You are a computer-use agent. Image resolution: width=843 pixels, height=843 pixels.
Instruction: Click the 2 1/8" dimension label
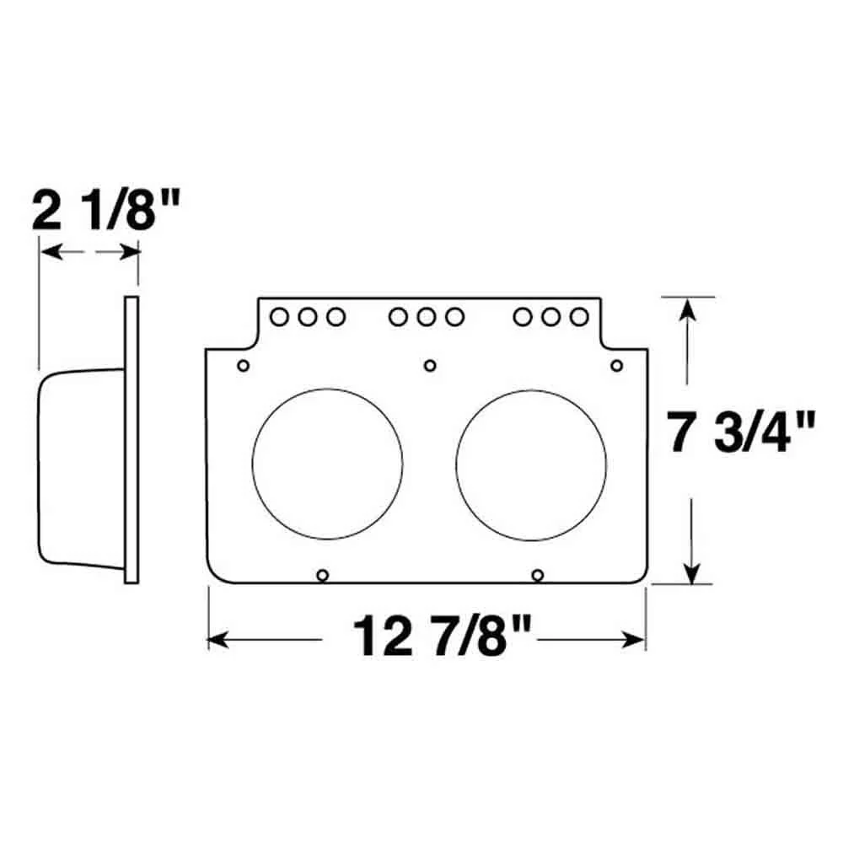[105, 210]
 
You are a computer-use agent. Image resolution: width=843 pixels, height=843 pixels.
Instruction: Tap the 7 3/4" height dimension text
[741, 431]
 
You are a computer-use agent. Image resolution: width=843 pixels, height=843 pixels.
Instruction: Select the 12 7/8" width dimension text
[442, 636]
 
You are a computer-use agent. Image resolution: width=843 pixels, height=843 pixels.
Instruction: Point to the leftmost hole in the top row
[279, 317]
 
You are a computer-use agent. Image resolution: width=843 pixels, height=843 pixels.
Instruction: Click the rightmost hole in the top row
[579, 317]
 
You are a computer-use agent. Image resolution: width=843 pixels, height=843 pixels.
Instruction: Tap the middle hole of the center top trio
[426, 317]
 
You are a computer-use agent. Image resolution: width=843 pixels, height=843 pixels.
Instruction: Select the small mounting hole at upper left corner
[243, 366]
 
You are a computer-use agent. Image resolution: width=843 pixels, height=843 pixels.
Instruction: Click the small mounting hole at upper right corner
[617, 366]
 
